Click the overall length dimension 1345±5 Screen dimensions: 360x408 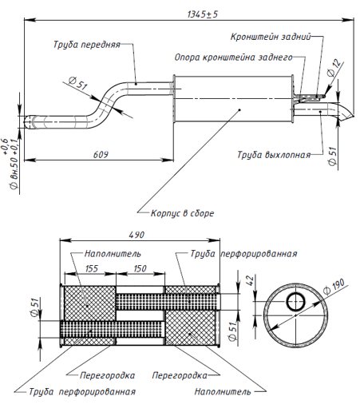(203, 14)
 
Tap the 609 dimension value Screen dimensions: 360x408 (101, 155)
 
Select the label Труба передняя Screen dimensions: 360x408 (87, 45)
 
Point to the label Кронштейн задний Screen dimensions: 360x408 (271, 37)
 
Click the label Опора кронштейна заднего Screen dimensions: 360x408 (233, 57)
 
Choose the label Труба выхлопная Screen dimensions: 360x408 (274, 155)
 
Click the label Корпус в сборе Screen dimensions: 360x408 (182, 213)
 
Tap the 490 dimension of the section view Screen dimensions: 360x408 (136, 235)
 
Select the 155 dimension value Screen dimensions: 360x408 (92, 268)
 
